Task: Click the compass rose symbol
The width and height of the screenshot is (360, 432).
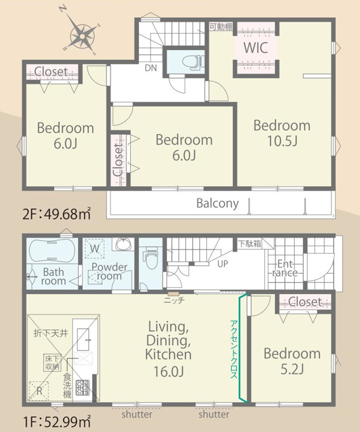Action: click(x=82, y=36)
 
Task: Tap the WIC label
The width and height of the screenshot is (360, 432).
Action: click(x=256, y=48)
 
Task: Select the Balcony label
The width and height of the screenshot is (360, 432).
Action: click(x=218, y=203)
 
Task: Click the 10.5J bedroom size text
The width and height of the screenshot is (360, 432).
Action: click(x=282, y=141)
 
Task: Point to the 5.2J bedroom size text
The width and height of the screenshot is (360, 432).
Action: click(x=292, y=369)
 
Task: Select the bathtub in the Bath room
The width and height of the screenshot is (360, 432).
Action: click(x=52, y=250)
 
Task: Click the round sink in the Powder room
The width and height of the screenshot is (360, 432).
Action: click(x=124, y=244)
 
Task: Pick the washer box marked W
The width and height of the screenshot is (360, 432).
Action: click(x=95, y=248)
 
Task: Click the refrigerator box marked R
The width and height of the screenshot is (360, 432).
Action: click(x=39, y=391)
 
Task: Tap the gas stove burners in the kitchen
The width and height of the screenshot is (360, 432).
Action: click(x=83, y=388)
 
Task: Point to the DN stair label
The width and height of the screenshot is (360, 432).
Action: click(x=150, y=68)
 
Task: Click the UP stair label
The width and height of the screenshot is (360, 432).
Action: click(x=223, y=264)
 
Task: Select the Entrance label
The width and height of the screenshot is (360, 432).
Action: click(x=285, y=268)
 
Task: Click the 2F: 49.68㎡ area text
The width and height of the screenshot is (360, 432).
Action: click(x=57, y=215)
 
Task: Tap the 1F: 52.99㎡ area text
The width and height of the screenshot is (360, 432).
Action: click(x=57, y=422)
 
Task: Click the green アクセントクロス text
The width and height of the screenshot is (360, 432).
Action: click(x=233, y=349)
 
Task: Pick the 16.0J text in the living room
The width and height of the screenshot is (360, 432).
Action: click(x=168, y=372)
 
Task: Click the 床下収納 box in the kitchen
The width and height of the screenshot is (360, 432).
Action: click(x=52, y=363)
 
